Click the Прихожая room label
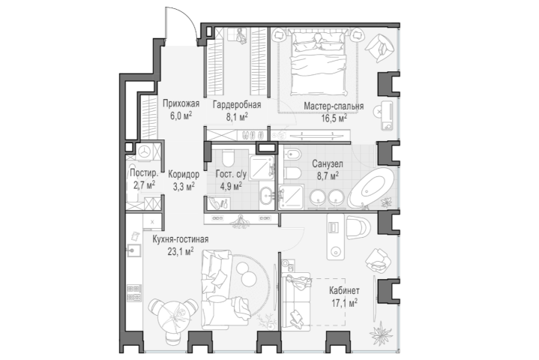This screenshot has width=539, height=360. pos(181,103)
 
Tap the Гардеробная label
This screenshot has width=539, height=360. pos(237,104)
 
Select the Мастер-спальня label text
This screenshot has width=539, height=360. pos(334,106)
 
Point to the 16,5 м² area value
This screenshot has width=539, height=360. pos(334,118)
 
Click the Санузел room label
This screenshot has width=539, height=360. pos(328,164)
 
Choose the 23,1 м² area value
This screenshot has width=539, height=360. pos(180,251)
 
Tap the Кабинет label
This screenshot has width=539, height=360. pos(344,290)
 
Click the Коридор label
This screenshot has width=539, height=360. pos(184,174)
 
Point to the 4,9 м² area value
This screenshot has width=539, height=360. pos(231,186)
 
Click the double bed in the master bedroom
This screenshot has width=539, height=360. pos(318,62)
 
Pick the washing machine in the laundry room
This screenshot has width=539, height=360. pos(145,151)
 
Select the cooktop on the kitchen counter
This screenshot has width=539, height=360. pos(134,292)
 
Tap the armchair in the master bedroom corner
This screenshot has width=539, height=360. pos(379,48)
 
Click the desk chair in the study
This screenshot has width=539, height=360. pos(358,227)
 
